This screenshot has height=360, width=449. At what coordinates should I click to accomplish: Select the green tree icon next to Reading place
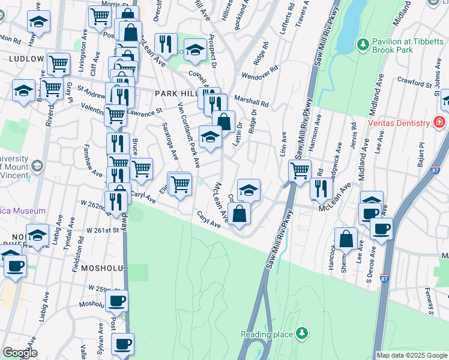[x=303, y=333]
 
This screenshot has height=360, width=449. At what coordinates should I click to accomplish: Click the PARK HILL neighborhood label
[x=175, y=94]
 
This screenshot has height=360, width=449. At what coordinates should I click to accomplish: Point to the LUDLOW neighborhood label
[x=26, y=59]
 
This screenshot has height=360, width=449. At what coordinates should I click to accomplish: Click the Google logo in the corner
[x=19, y=353]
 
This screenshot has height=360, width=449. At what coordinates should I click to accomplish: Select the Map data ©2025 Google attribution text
[x=412, y=355]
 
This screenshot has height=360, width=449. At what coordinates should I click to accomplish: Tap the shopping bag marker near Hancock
[x=346, y=239]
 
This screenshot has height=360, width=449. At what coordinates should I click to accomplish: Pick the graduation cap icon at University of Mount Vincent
[x=37, y=166]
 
